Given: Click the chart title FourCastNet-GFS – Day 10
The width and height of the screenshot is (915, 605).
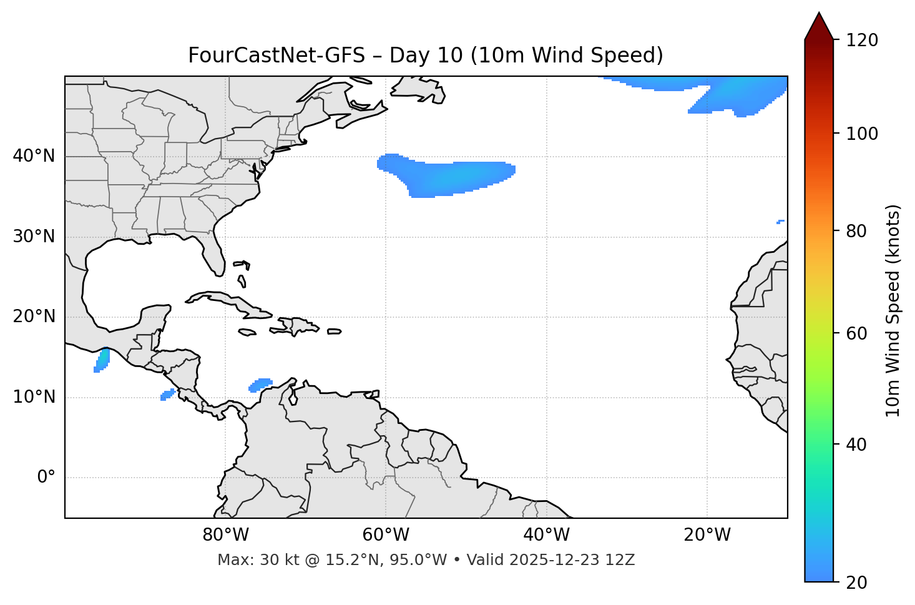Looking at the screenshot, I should pyautogui.click(x=426, y=56).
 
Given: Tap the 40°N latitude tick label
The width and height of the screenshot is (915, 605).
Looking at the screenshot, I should pyautogui.click(x=34, y=156).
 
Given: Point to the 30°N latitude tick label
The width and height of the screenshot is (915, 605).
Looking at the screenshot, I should pyautogui.click(x=34, y=237).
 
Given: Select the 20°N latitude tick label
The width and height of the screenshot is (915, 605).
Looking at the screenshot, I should pyautogui.click(x=34, y=317).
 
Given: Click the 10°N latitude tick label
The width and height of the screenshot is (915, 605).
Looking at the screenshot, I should pyautogui.click(x=34, y=397).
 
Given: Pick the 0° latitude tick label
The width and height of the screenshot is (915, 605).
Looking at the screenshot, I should pyautogui.click(x=46, y=478).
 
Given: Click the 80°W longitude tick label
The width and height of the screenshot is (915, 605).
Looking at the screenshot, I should pyautogui.click(x=225, y=535).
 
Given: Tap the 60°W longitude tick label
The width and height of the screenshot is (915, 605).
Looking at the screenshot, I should pyautogui.click(x=386, y=535).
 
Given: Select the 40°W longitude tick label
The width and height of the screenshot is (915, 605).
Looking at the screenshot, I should pyautogui.click(x=546, y=535).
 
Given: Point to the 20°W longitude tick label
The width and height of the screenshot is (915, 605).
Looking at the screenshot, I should pyautogui.click(x=707, y=535).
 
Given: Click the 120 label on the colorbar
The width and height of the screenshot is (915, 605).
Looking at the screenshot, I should pyautogui.click(x=862, y=41).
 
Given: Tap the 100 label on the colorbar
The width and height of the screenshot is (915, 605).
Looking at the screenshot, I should pyautogui.click(x=862, y=134).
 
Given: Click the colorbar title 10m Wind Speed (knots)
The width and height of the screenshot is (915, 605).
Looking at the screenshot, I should pyautogui.click(x=893, y=310).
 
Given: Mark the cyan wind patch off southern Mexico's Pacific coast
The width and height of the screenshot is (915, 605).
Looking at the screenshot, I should pyautogui.click(x=102, y=360).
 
